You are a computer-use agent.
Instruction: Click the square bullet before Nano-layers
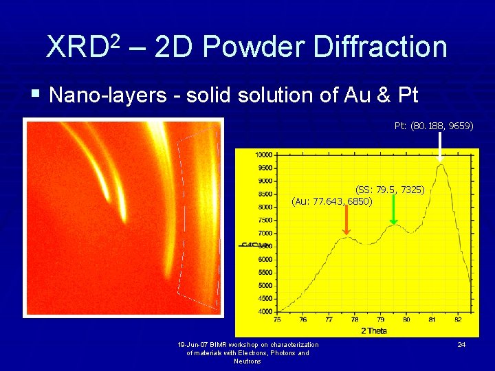click(38, 94)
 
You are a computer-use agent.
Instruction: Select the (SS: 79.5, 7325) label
click(389, 189)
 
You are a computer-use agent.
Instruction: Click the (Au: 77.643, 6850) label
click(332, 201)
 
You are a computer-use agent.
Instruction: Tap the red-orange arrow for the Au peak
click(347, 221)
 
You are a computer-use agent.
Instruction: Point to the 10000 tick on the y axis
click(263, 155)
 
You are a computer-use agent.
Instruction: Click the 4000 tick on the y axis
click(265, 311)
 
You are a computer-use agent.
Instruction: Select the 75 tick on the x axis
click(277, 319)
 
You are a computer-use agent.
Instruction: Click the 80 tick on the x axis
click(406, 319)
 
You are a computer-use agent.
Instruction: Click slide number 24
click(461, 344)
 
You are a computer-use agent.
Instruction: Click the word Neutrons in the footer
click(247, 361)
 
